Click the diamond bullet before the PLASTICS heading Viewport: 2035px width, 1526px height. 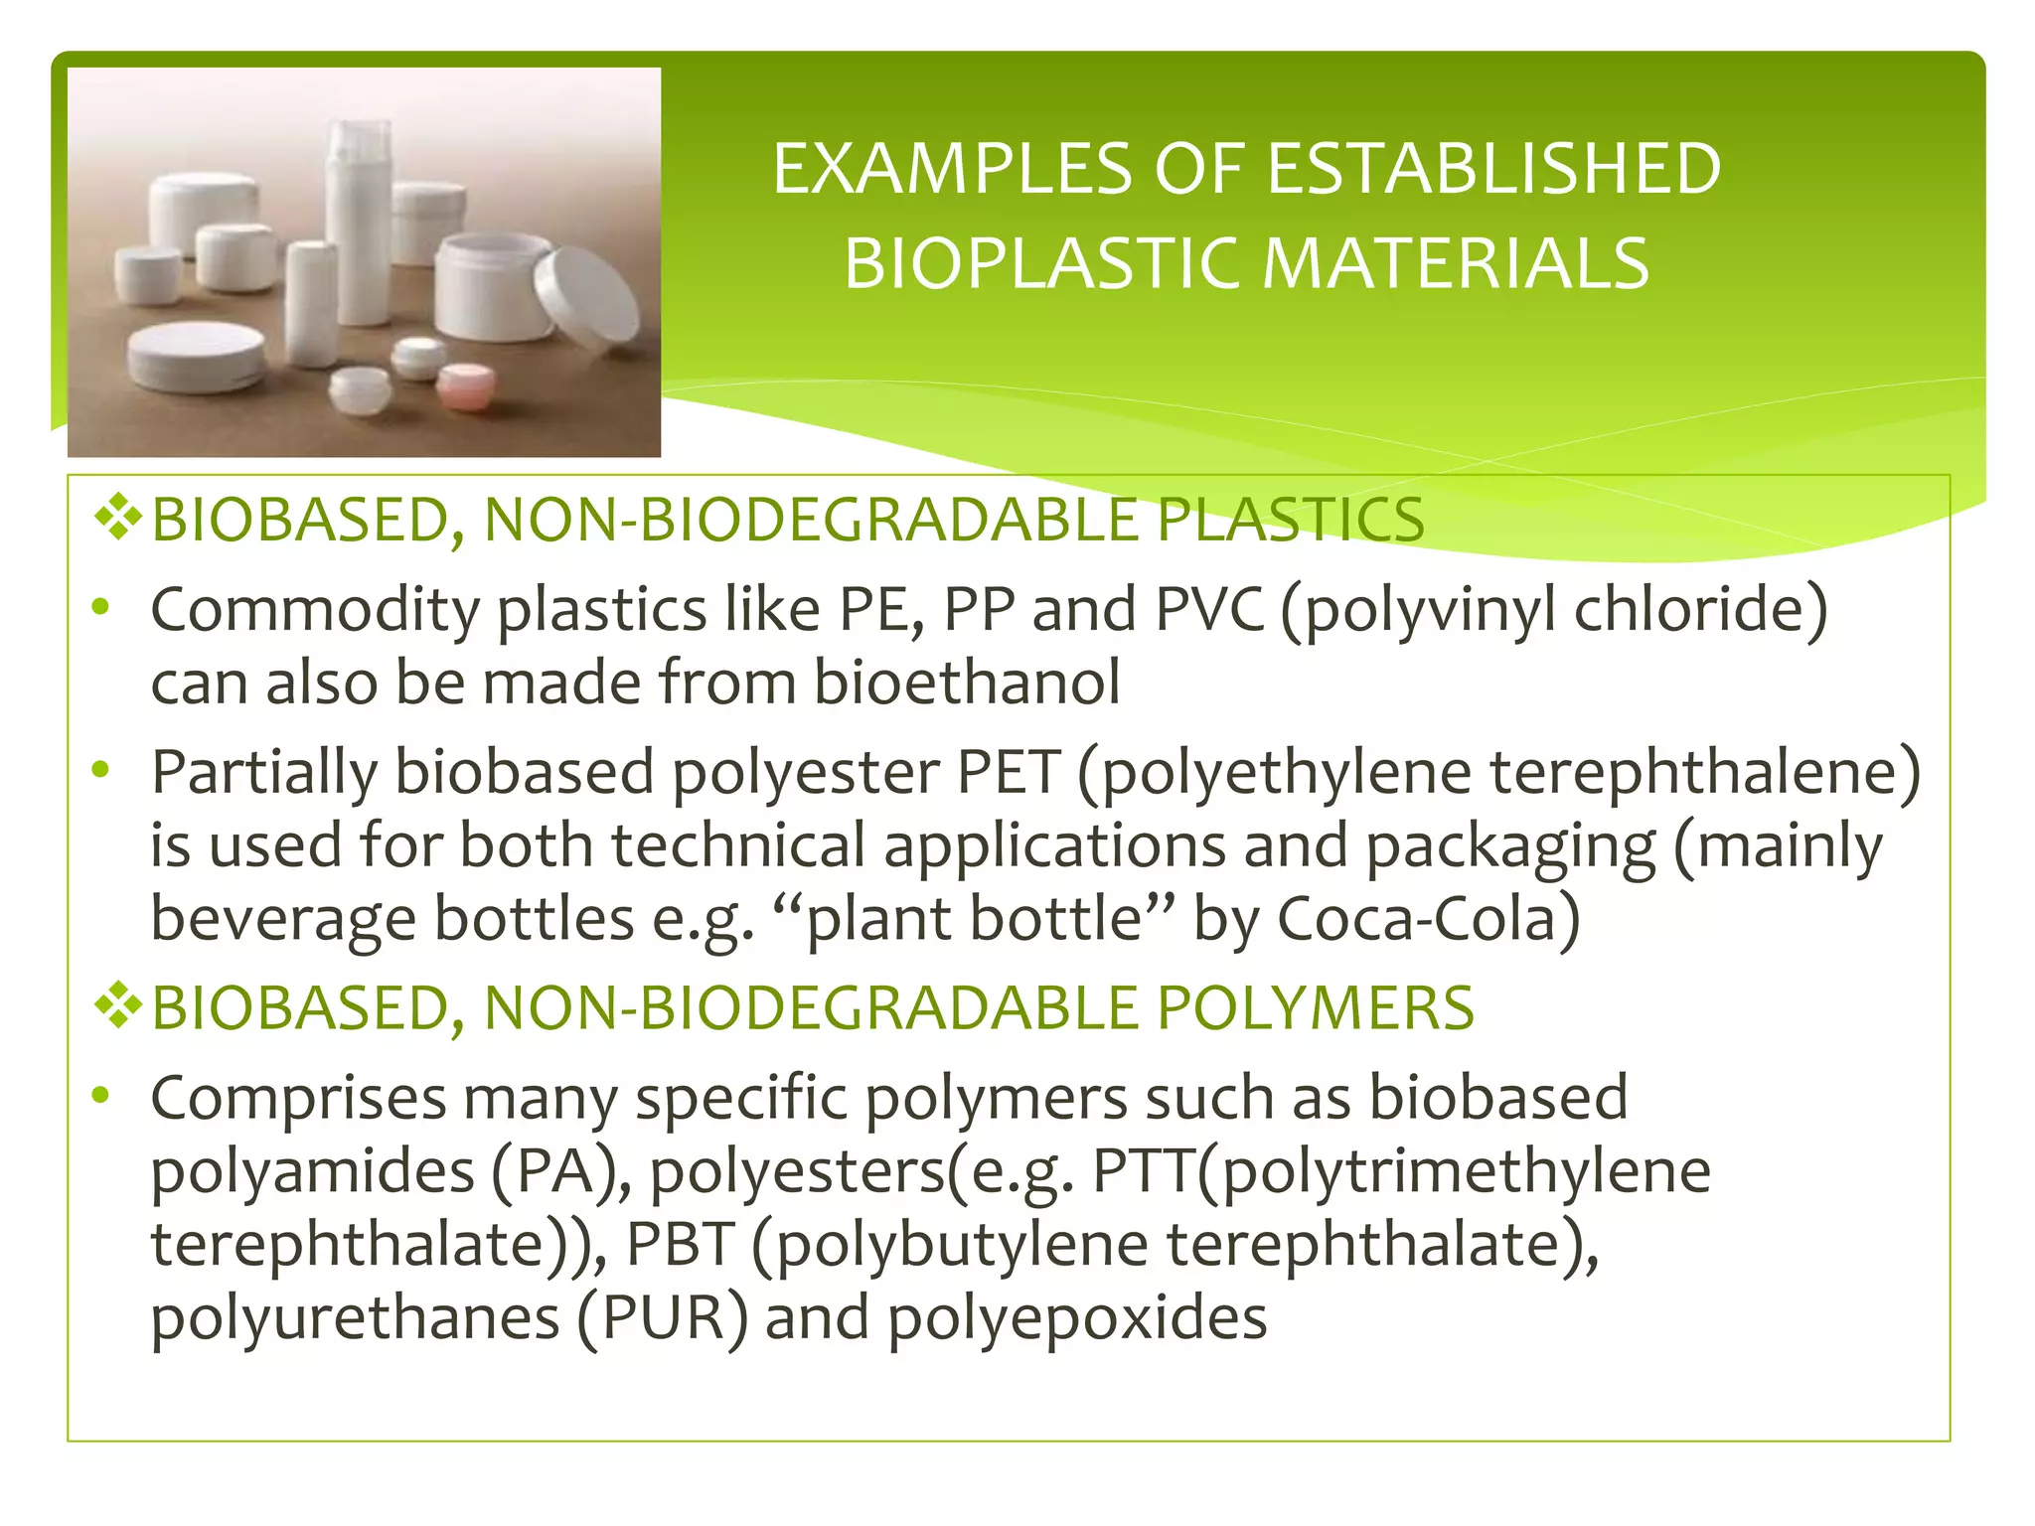pyautogui.click(x=117, y=518)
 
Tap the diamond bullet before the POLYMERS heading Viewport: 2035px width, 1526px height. pyautogui.click(x=117, y=1006)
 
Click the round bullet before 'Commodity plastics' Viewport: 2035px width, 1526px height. pyautogui.click(x=99, y=607)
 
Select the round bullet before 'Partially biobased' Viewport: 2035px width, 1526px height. pyautogui.click(x=99, y=769)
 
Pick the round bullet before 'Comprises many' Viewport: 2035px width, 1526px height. pyautogui.click(x=99, y=1095)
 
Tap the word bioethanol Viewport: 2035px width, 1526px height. pyautogui.click(x=967, y=684)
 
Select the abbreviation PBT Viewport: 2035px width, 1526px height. pyautogui.click(x=681, y=1244)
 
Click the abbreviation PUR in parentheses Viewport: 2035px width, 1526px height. pyautogui.click(x=662, y=1318)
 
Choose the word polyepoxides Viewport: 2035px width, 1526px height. pyautogui.click(x=1077, y=1318)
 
